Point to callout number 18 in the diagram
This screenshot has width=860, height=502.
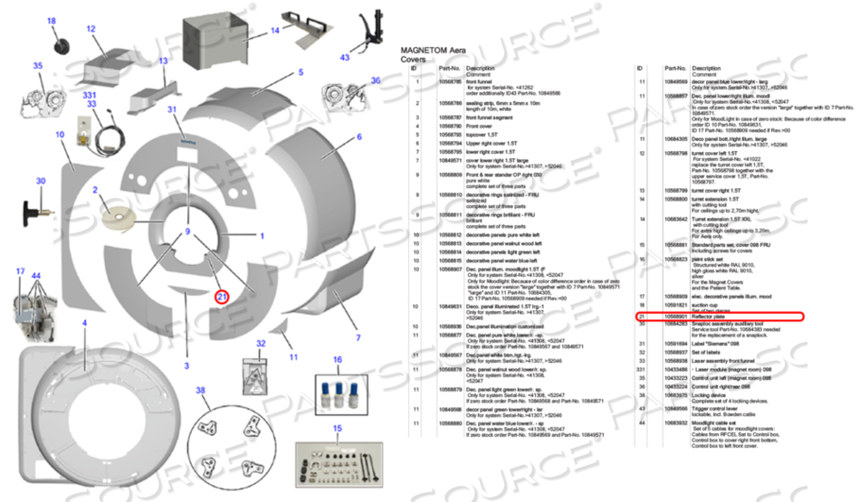[x=51, y=21]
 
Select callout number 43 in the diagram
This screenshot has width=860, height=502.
[x=345, y=57]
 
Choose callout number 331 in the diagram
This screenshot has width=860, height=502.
[x=90, y=95]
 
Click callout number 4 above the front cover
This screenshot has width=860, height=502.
[x=85, y=322]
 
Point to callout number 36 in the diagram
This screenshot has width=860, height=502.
[x=376, y=81]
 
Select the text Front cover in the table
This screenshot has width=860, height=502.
[x=480, y=126]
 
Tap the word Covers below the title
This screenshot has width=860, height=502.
[x=415, y=59]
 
